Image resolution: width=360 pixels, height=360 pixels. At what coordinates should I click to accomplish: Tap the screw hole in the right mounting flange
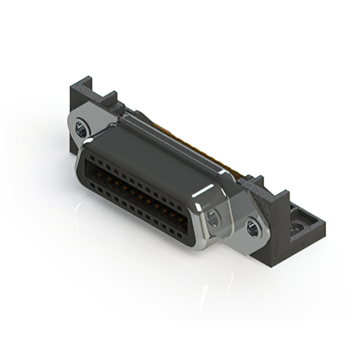point(253,228)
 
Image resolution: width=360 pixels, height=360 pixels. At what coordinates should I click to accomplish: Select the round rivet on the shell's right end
point(213,218)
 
